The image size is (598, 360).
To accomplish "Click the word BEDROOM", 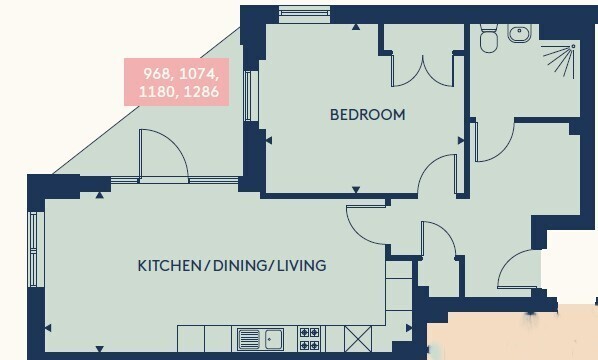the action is coord(368,115).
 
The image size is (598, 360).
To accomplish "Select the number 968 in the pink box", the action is coord(157,74).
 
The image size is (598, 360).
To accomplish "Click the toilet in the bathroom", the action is coord(488,38).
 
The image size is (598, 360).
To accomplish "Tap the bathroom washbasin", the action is coord(519,33).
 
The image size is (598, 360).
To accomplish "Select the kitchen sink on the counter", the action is coord(260,339).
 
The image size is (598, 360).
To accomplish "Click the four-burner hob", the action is coord(309,339).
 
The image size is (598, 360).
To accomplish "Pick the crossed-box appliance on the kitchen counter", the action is coord(358,339).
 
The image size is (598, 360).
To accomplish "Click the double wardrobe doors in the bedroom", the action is coord(423,71).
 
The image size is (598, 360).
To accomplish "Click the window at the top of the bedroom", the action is coord(304,14).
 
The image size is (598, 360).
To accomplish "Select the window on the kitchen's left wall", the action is coord(34,249).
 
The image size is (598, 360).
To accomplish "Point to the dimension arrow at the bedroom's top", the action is coord(356,27).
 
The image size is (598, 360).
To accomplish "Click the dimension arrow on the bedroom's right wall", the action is coord(461,140).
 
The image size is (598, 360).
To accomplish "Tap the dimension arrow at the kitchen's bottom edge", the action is coord(100,349).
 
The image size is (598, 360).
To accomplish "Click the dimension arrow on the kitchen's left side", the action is coord(48,328).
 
